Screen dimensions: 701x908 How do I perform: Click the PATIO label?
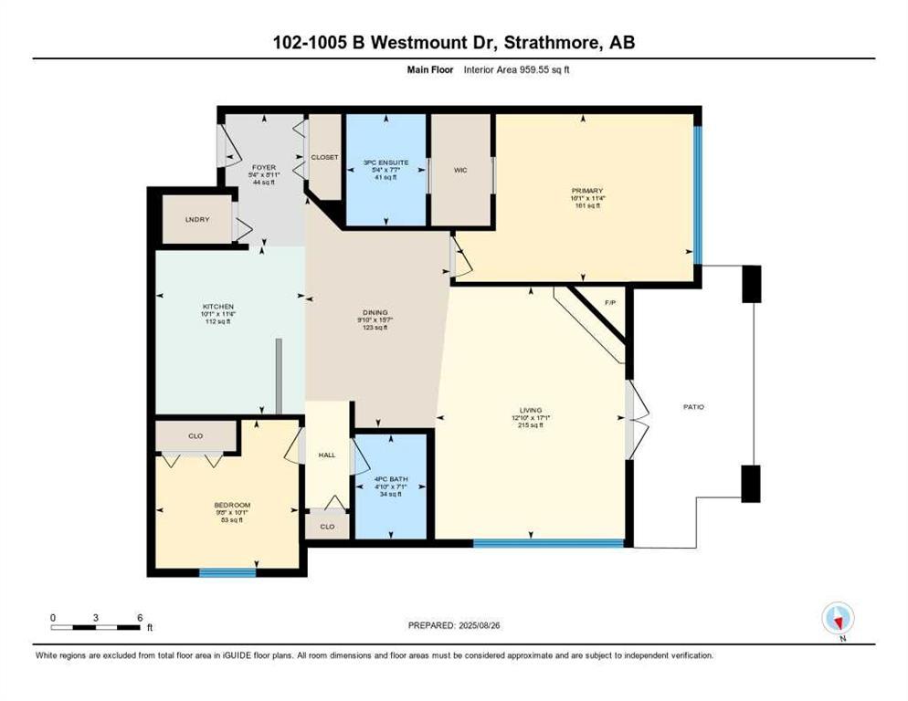pos(693,406)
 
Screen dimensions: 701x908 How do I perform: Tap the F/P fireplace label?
pos(610,303)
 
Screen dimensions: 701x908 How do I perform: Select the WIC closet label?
pos(460,170)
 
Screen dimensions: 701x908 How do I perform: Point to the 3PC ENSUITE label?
pos(385,162)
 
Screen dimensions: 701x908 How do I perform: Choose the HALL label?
pos(327,454)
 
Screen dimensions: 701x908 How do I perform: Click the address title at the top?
pos(453,42)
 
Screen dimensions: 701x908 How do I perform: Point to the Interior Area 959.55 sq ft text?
pos(517,69)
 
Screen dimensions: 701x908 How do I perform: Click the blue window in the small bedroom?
pos(215,573)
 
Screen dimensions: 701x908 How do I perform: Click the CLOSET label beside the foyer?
pos(324,157)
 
